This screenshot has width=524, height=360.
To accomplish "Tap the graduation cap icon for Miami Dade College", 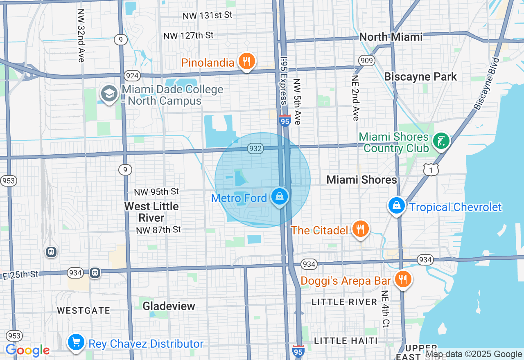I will tap(109, 94).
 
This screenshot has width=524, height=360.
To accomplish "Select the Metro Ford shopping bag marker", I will tap(280, 197).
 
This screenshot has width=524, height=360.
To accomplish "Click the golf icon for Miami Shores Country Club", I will tap(441, 141).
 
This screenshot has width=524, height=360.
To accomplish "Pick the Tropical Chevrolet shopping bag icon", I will tap(397, 205).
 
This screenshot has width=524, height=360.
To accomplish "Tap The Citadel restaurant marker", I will tap(360, 229).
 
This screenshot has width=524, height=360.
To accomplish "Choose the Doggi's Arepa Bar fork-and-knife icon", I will tap(403, 280).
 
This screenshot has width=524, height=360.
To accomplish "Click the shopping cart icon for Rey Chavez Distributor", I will tap(76, 342).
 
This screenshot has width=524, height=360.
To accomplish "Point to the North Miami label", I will tap(391, 37).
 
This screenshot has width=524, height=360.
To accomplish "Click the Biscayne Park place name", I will tap(420, 76).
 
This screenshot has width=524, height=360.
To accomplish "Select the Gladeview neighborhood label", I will tap(169, 306).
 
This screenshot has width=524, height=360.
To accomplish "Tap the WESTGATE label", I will tap(84, 310).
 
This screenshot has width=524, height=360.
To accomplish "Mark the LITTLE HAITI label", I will tap(346, 341).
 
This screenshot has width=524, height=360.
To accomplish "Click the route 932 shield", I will tap(255, 148).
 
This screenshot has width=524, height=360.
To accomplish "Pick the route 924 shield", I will tap(133, 76).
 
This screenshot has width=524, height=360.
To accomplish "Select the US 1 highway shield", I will tap(431, 169).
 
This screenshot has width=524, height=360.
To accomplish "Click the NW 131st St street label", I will tap(207, 16).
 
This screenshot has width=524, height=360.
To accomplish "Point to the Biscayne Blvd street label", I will tap(487, 83).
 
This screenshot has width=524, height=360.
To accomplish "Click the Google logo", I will tap(27, 350).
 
